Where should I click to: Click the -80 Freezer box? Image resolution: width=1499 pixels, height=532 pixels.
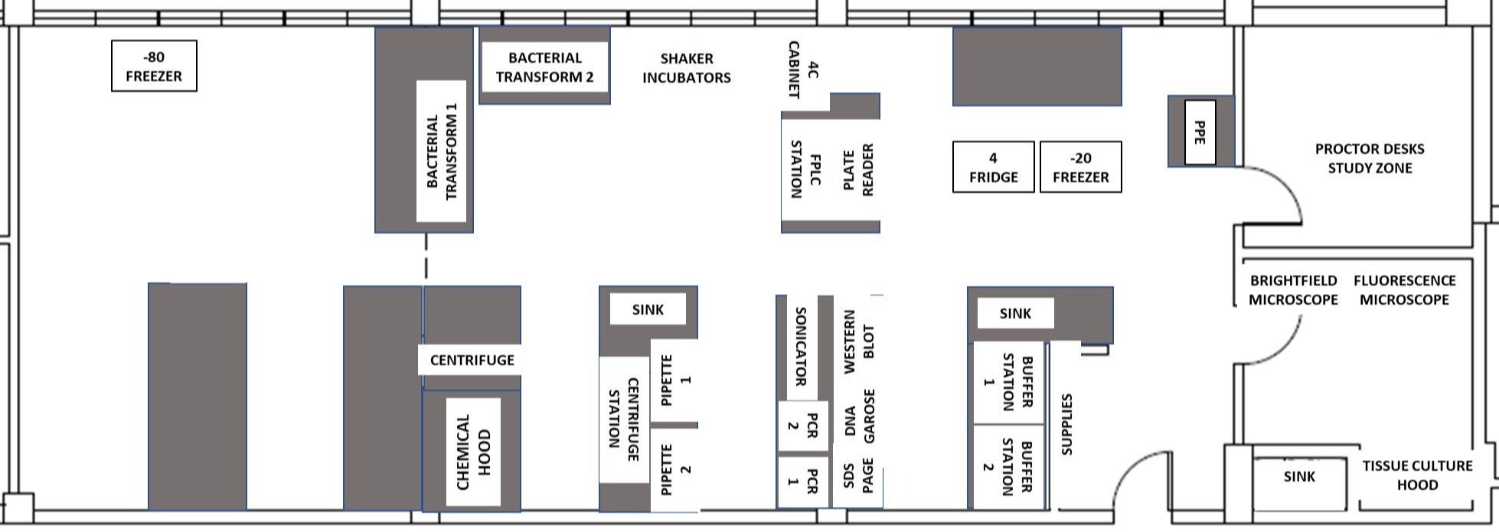pyautogui.click(x=154, y=67)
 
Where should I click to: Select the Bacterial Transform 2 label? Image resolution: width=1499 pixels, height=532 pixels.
pyautogui.click(x=544, y=67)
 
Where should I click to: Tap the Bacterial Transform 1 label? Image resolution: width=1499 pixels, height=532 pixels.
pyautogui.click(x=441, y=151)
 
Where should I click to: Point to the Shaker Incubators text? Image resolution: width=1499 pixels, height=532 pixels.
pyautogui.click(x=686, y=68)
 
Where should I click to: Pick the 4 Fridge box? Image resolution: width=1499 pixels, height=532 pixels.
pyautogui.click(x=993, y=167)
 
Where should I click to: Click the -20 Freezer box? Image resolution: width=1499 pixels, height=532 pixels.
pyautogui.click(x=1080, y=167)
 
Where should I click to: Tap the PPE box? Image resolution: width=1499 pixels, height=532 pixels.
pyautogui.click(x=1200, y=132)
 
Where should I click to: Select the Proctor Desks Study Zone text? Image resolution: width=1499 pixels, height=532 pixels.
pyautogui.click(x=1369, y=158)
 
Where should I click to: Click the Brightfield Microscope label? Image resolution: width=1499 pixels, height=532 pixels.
pyautogui.click(x=1293, y=290)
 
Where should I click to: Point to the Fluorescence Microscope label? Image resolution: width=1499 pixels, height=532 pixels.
pyautogui.click(x=1404, y=290)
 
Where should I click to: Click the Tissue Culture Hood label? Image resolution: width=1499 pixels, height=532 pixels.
pyautogui.click(x=1417, y=475)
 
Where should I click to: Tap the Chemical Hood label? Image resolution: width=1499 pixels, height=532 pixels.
pyautogui.click(x=473, y=452)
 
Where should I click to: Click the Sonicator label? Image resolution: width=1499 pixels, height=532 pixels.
pyautogui.click(x=801, y=346)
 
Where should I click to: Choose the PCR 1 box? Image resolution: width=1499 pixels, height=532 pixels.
pyautogui.click(x=802, y=481)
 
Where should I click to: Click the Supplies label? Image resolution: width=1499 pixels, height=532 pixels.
pyautogui.click(x=1066, y=425)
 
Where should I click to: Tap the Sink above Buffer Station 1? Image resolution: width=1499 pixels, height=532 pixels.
pyautogui.click(x=1015, y=313)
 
